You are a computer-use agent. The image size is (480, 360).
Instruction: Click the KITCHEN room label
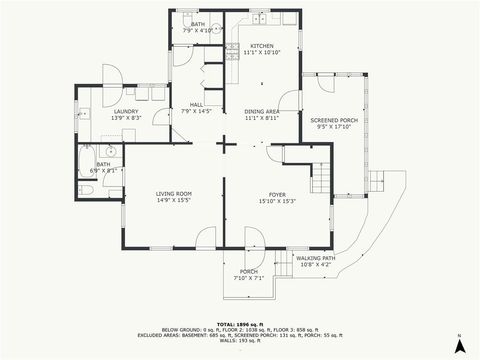click(x=261, y=46)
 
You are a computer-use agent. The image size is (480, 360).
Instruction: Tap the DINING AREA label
click(x=261, y=112)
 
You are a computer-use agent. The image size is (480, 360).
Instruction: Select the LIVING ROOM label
click(x=173, y=193)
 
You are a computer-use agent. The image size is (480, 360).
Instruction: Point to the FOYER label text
click(x=277, y=194)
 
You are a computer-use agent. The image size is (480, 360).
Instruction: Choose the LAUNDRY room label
click(x=126, y=111)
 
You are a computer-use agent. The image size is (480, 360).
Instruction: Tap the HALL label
click(x=198, y=104)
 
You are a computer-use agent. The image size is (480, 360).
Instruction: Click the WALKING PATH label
click(x=316, y=258)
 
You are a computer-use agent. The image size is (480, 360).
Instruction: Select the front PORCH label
click(x=249, y=272)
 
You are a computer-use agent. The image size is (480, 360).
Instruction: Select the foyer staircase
click(x=320, y=180)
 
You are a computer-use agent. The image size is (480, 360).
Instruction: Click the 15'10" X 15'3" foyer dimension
click(x=277, y=201)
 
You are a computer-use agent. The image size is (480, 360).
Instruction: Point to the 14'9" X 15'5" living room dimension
click(x=173, y=200)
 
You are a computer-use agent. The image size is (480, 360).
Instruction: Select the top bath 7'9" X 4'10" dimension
click(x=198, y=30)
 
